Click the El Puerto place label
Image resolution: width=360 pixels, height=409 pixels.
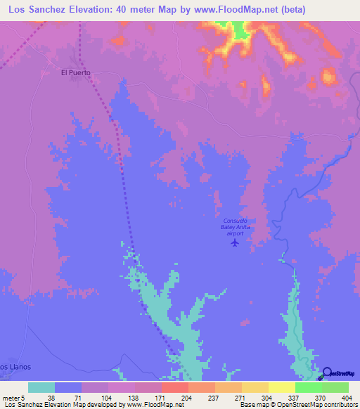(76, 72)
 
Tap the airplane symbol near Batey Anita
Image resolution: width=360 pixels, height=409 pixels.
(235, 243)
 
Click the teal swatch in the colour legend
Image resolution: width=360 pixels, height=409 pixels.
(41, 387)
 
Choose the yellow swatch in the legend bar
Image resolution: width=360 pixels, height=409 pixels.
(282, 387)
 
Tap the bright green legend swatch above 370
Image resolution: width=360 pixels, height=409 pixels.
(309, 387)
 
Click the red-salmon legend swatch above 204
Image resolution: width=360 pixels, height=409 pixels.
(175, 387)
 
